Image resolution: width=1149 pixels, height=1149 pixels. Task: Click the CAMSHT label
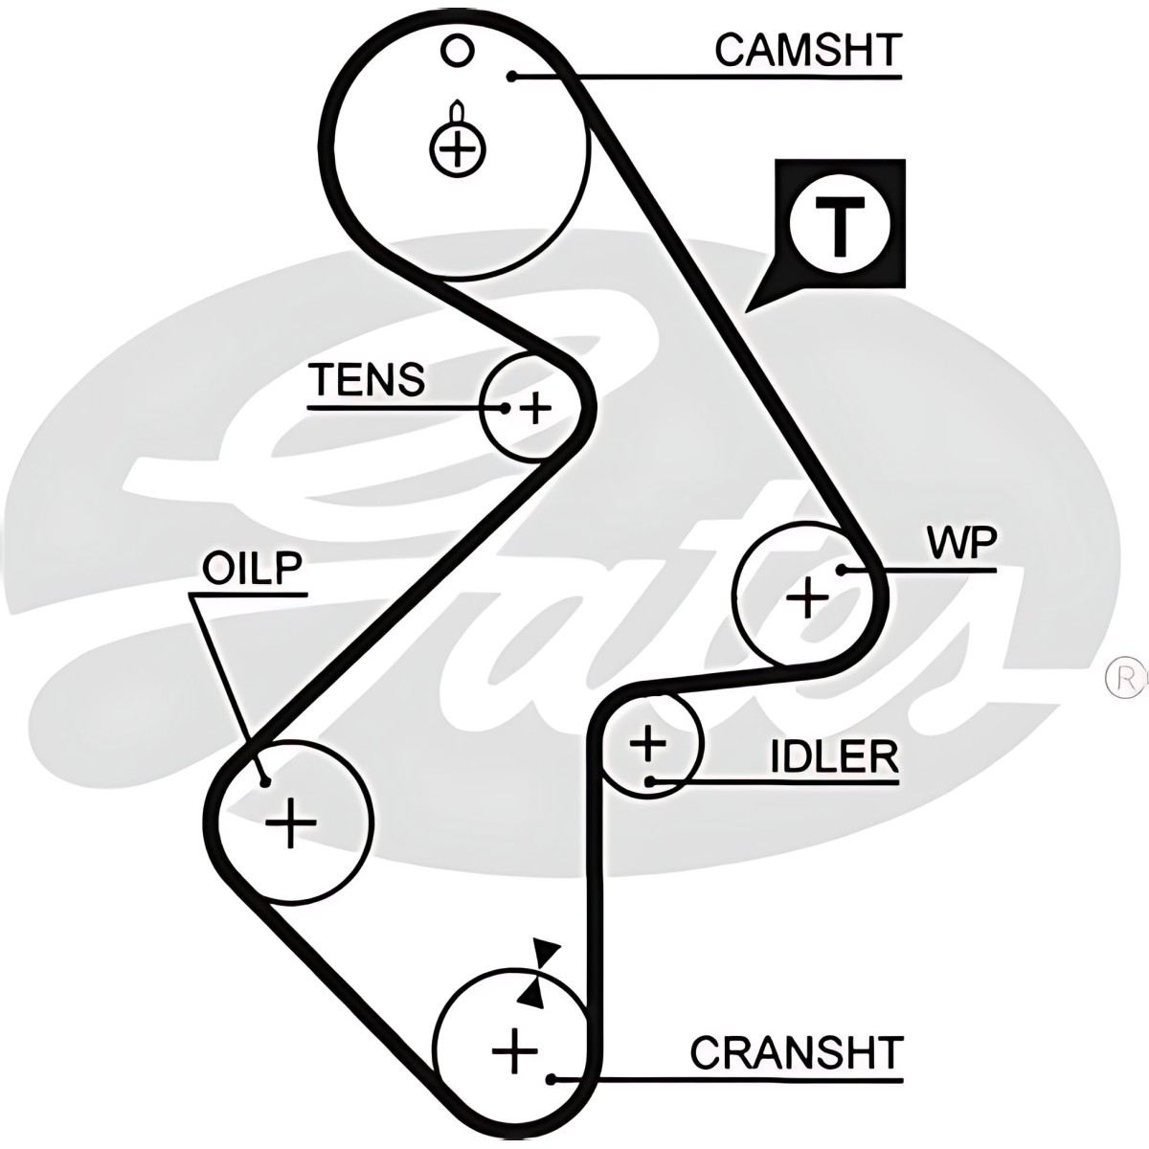click(807, 50)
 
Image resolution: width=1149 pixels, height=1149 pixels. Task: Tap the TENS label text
click(367, 380)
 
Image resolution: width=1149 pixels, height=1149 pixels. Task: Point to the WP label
click(960, 543)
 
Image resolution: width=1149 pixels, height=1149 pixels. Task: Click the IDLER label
click(835, 756)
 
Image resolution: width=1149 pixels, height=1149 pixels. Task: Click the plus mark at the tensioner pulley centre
click(534, 409)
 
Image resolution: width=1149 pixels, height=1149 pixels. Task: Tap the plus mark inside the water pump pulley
click(808, 598)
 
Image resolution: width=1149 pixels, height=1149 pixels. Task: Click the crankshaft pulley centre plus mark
click(515, 1051)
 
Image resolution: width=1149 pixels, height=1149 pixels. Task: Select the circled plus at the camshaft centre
click(457, 148)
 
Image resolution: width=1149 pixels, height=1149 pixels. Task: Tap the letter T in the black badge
click(840, 226)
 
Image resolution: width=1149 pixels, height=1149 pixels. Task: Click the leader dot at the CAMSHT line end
click(513, 76)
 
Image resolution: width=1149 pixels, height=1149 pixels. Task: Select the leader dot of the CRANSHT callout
click(552, 1080)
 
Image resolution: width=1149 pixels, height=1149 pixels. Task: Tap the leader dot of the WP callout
click(841, 570)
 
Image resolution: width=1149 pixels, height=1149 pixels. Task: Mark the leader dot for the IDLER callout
click(650, 781)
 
